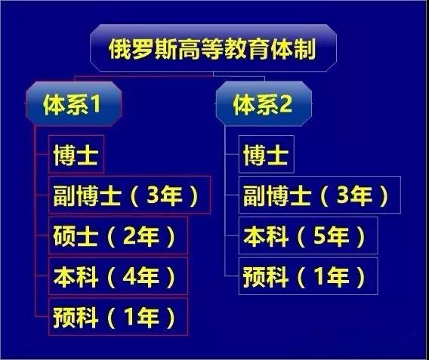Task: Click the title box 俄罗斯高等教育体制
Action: (x=213, y=48)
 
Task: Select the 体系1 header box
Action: (x=73, y=104)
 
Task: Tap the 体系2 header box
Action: (x=264, y=104)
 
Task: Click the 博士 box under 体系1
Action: (x=76, y=154)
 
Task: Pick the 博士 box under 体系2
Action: (x=267, y=154)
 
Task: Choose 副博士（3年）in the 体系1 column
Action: (x=130, y=195)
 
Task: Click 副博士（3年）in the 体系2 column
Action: (x=319, y=195)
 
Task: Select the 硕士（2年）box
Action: (x=118, y=235)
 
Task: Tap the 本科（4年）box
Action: (x=118, y=276)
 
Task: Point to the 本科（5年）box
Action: (x=308, y=235)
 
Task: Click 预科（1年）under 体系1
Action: (x=118, y=317)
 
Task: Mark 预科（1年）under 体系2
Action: (x=308, y=276)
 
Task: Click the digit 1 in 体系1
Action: (x=95, y=104)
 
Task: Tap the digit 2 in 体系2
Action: (x=285, y=104)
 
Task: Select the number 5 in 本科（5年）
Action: (x=319, y=235)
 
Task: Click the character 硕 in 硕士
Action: (x=63, y=235)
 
